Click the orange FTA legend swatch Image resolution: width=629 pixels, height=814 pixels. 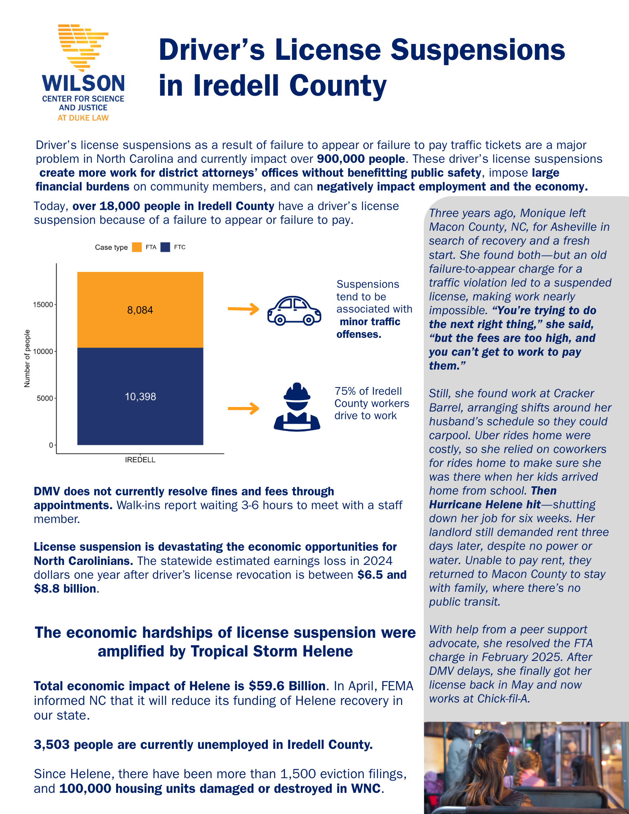tap(137, 247)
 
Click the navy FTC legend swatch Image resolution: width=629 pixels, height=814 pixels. tap(165, 247)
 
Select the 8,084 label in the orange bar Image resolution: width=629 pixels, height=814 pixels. tap(140, 310)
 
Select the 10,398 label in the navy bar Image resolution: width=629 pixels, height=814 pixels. tap(140, 397)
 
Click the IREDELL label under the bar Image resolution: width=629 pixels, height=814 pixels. tap(140, 460)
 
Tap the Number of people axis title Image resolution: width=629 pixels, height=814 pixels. tap(27, 358)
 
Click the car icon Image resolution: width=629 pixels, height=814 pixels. tap(294, 311)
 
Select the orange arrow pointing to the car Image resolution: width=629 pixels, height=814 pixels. tap(243, 309)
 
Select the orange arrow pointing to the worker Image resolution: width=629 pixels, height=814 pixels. tap(243, 408)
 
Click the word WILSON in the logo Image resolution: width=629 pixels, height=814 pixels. tap(83, 83)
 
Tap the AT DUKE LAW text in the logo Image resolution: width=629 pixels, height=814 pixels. tap(83, 118)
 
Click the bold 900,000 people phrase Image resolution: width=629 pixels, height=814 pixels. tap(361, 159)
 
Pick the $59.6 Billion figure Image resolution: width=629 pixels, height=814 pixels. tap(287, 686)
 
